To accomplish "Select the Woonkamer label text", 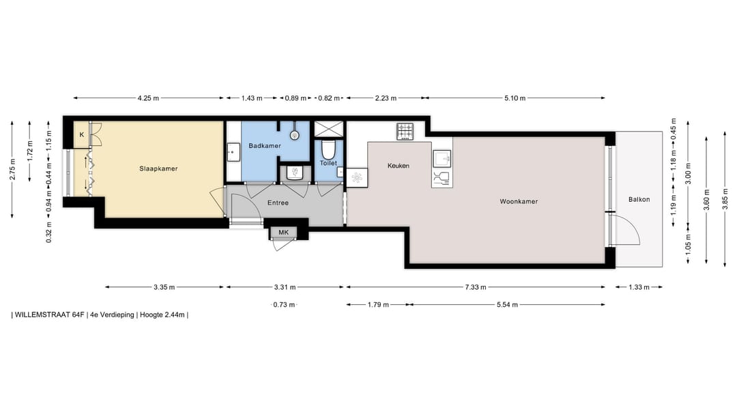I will pyautogui.click(x=519, y=202).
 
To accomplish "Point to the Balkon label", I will pyautogui.click(x=639, y=200).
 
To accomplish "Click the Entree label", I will pyautogui.click(x=278, y=203).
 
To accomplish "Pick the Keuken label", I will pyautogui.click(x=398, y=166).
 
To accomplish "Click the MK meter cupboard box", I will pyautogui.click(x=283, y=233).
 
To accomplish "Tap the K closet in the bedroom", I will pyautogui.click(x=82, y=135).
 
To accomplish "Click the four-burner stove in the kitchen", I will pyautogui.click(x=405, y=130).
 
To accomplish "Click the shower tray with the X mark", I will pyautogui.click(x=328, y=129).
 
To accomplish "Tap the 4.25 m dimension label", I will pyautogui.click(x=148, y=98).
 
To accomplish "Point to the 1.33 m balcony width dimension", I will pyautogui.click(x=639, y=287).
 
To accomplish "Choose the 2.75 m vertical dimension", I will pyautogui.click(x=12, y=170).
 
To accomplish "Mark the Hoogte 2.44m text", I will pyautogui.click(x=162, y=315).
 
